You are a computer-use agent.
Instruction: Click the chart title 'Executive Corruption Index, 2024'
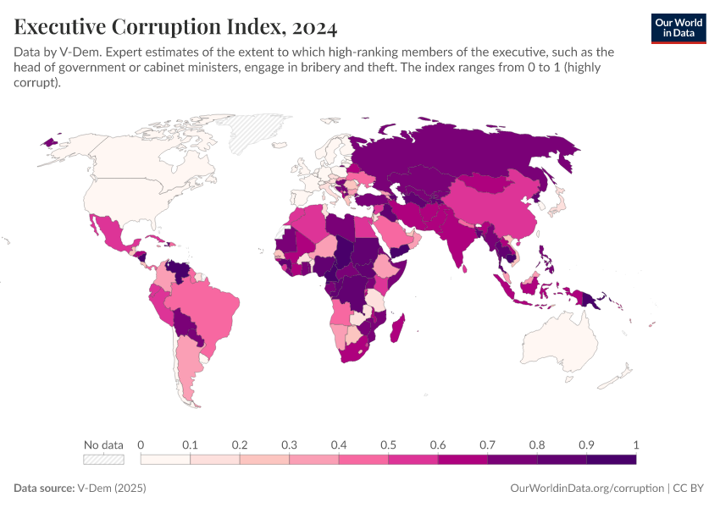tap(175, 27)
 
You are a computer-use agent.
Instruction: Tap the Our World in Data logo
tap(678, 28)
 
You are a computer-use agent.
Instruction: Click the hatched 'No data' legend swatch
tap(103, 460)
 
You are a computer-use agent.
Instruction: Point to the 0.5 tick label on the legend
tap(388, 444)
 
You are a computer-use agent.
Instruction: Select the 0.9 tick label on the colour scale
tap(586, 444)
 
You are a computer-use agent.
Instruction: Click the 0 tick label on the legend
tap(141, 444)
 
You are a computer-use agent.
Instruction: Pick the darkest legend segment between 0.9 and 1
tap(611, 460)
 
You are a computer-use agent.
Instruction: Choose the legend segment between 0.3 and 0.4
tap(313, 460)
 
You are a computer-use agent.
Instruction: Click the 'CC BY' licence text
tap(689, 489)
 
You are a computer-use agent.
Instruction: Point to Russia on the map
tap(474, 152)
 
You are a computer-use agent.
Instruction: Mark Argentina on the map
tap(188, 364)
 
